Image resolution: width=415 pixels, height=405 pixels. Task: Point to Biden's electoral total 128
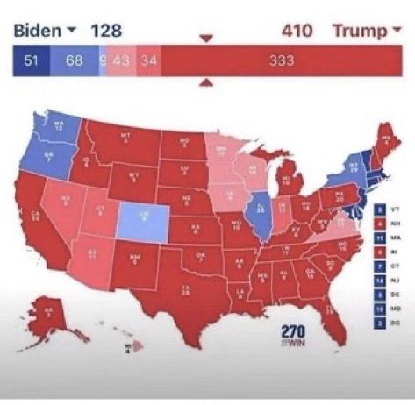(x=108, y=32)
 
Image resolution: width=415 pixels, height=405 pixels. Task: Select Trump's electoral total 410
(x=298, y=32)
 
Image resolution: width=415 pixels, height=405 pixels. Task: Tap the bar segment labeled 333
(x=281, y=61)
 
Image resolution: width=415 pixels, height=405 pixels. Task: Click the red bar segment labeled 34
(x=148, y=61)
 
